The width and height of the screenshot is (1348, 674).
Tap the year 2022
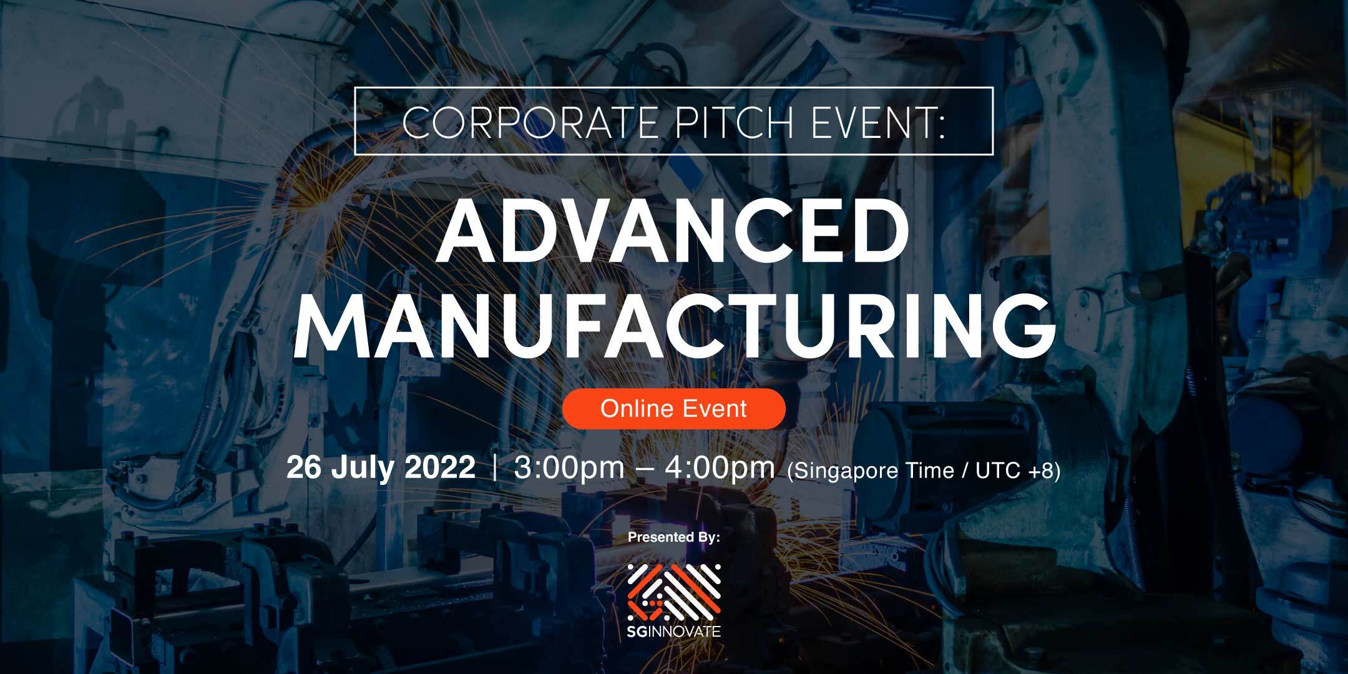[x=441, y=468]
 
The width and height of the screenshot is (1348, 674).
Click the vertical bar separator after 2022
[x=495, y=468]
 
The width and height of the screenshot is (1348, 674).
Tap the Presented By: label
[x=674, y=537]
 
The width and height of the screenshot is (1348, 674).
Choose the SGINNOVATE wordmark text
[x=674, y=632]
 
